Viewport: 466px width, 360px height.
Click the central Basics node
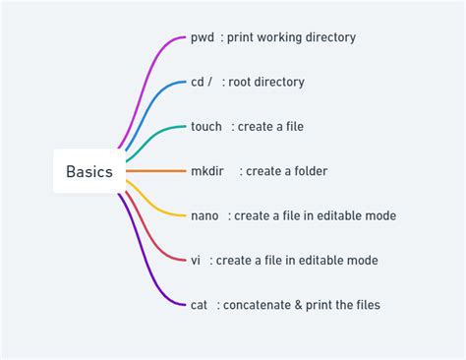(88, 171)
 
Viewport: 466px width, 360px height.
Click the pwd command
(203, 37)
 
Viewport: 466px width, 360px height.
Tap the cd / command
(202, 82)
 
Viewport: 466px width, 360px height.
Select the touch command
(206, 127)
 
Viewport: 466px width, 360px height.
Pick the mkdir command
(207, 171)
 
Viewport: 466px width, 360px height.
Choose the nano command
(205, 215)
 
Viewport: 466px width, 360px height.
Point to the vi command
(197, 260)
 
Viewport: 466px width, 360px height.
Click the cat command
(200, 305)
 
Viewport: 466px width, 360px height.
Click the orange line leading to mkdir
(155, 171)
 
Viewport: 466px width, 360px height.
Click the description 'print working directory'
(292, 37)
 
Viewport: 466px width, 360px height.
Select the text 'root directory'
(268, 82)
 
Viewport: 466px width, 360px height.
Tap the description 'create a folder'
(286, 171)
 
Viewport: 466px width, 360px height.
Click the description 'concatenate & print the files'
(301, 305)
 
